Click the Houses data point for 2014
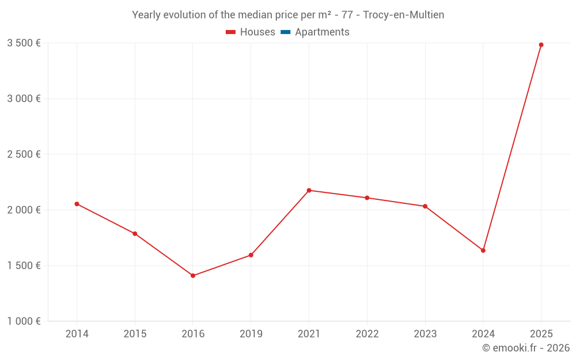point(77,204)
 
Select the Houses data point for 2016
point(193,276)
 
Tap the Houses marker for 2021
point(309,190)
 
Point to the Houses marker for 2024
point(483,251)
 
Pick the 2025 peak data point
point(541,45)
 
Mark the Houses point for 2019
point(251,255)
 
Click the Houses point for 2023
point(425,206)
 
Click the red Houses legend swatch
point(230,32)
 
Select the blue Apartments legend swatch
point(285,32)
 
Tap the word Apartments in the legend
point(322,32)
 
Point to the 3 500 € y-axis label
point(24,43)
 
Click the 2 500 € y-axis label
point(24,154)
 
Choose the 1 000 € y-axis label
point(24,321)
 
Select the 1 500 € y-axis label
point(24,266)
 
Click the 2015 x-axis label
point(135,334)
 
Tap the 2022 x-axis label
point(367,334)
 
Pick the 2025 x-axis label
point(541,334)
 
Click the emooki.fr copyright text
point(526,348)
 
